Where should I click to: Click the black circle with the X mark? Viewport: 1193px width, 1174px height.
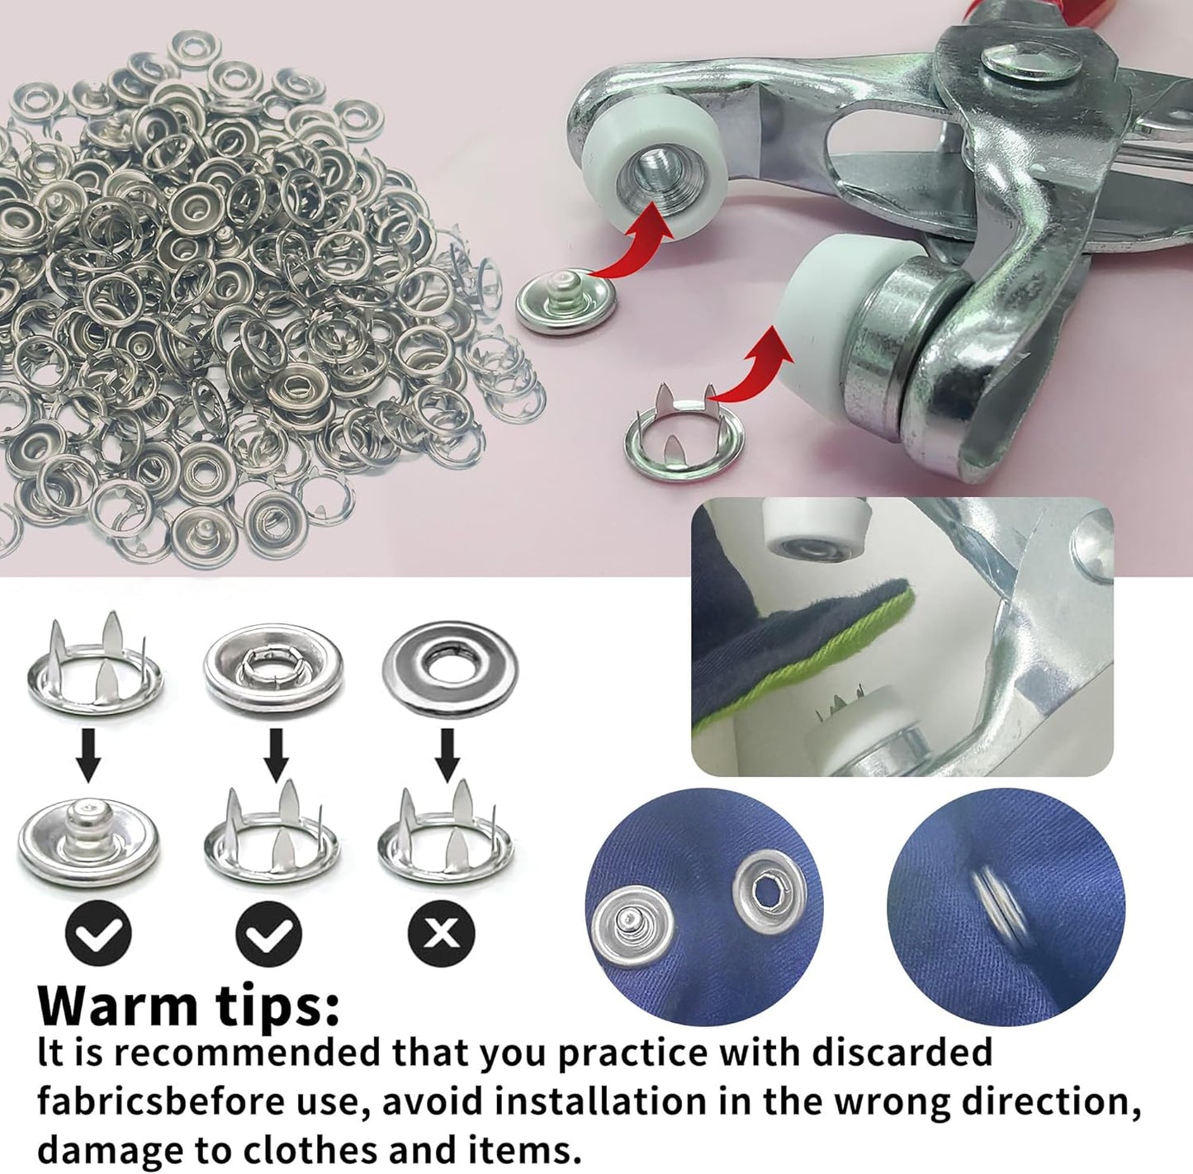442,933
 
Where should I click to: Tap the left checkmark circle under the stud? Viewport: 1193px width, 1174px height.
97,933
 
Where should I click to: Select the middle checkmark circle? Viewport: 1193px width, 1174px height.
268,933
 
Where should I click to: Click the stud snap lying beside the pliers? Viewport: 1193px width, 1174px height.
566,302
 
